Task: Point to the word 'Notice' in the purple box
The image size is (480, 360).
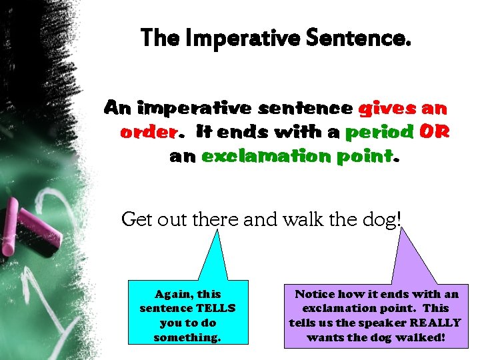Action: click(x=315, y=293)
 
